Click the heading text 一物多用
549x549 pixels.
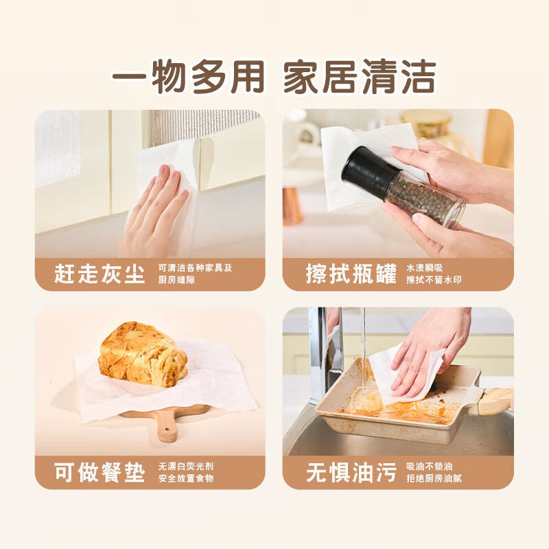click(188, 77)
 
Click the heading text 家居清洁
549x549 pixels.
click(360, 77)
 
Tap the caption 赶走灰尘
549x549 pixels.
click(100, 274)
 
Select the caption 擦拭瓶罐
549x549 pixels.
click(351, 274)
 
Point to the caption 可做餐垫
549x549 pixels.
click(100, 472)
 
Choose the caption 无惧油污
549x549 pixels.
click(351, 472)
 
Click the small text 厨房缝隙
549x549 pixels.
click(176, 280)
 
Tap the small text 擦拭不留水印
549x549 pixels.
click(434, 280)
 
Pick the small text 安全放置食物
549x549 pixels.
click(186, 478)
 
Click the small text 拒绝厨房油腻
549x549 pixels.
click(434, 478)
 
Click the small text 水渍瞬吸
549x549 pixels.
click(424, 268)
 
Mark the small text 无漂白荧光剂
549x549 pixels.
click(186, 467)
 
